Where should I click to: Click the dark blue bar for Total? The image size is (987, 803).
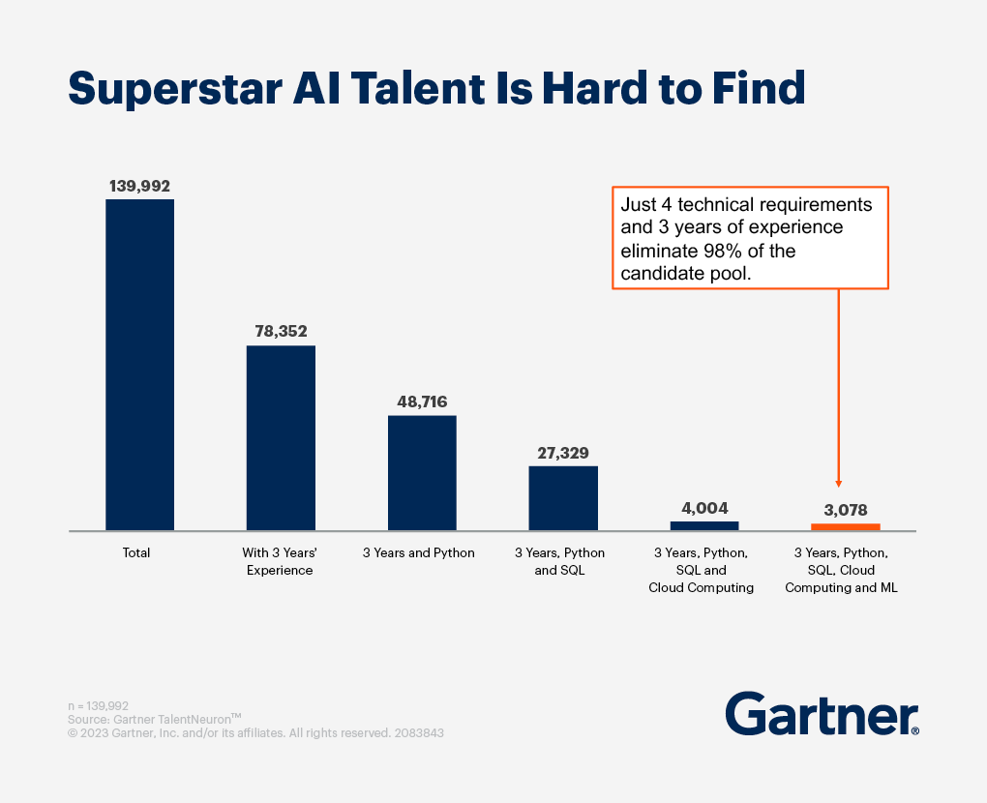pyautogui.click(x=139, y=365)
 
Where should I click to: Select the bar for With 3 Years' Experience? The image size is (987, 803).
pyautogui.click(x=281, y=437)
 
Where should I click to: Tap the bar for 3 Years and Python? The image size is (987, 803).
pyautogui.click(x=422, y=472)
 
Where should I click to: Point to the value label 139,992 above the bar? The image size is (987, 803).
pyautogui.click(x=139, y=186)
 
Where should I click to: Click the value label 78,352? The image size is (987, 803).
pyautogui.click(x=281, y=332)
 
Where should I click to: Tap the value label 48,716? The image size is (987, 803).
pyautogui.click(x=422, y=401)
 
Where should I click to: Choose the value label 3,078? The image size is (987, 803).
pyautogui.click(x=845, y=509)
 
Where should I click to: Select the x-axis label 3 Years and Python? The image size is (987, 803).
pyautogui.click(x=419, y=553)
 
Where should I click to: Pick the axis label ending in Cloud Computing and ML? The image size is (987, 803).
pyautogui.click(x=841, y=570)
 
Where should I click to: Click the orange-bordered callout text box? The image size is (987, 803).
pyautogui.click(x=751, y=238)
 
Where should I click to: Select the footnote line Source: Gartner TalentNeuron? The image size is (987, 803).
pyautogui.click(x=155, y=720)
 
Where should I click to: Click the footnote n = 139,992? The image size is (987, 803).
pyautogui.click(x=98, y=706)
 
